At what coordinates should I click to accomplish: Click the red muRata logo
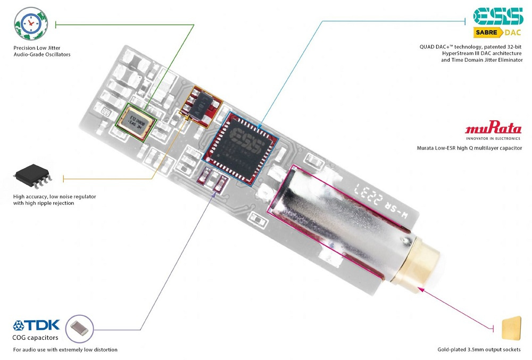pyautogui.click(x=493, y=129)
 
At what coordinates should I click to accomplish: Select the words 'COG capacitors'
pyautogui.click(x=36, y=337)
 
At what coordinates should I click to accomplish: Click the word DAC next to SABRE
pyautogui.click(x=513, y=33)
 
